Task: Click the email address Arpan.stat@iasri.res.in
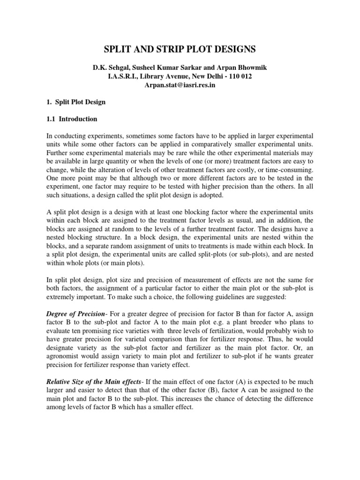180,84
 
